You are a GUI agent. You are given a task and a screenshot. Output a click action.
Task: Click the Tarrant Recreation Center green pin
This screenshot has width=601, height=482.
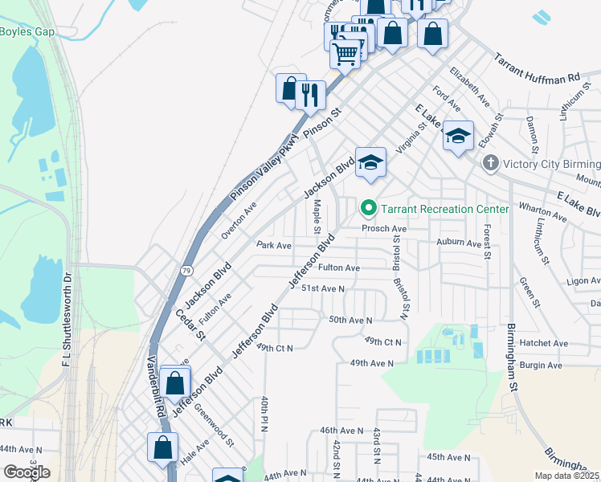pyautogui.click(x=369, y=209)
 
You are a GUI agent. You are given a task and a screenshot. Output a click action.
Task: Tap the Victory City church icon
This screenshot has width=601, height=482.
pyautogui.click(x=491, y=163)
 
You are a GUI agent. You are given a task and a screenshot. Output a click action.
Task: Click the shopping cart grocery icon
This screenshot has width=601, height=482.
pyautogui.click(x=345, y=55)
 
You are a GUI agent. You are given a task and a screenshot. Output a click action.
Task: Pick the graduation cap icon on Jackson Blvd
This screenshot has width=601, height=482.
pyautogui.click(x=370, y=163)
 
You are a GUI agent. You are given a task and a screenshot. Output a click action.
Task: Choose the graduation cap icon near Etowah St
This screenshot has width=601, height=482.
pyautogui.click(x=458, y=137)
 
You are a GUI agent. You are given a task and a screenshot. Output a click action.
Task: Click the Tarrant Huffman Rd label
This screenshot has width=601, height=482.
pyautogui.click(x=537, y=70)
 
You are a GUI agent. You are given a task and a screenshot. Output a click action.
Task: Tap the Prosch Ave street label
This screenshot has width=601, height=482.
pyautogui.click(x=384, y=228)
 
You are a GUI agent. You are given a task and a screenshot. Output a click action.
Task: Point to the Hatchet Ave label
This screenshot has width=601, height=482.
pyautogui.click(x=543, y=343)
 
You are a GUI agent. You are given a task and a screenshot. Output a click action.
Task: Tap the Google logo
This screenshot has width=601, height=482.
pyautogui.click(x=27, y=472)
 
